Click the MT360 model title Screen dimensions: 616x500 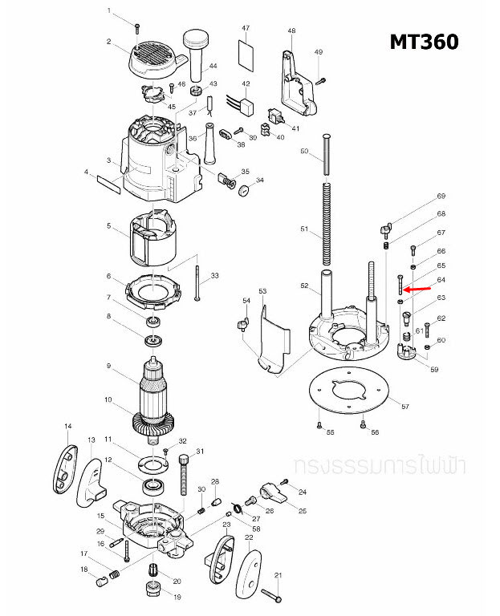[x=424, y=41]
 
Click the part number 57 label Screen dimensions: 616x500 [x=404, y=407]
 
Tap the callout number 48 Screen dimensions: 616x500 [x=291, y=30]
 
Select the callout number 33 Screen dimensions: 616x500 [x=214, y=276]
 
